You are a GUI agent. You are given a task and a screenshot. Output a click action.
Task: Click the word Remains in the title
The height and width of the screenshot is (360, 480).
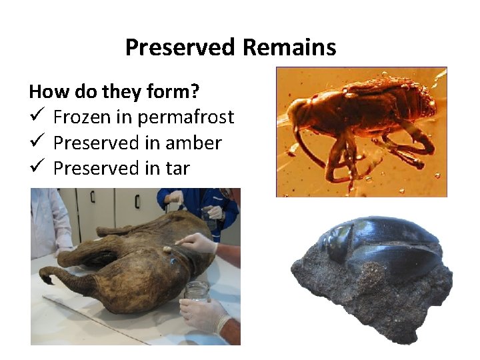coord(289,47)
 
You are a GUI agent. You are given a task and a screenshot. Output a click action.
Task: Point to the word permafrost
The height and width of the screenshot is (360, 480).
coord(185,118)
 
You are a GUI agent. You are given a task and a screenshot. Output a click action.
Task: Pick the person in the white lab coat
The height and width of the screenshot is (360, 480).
coord(49,220)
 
